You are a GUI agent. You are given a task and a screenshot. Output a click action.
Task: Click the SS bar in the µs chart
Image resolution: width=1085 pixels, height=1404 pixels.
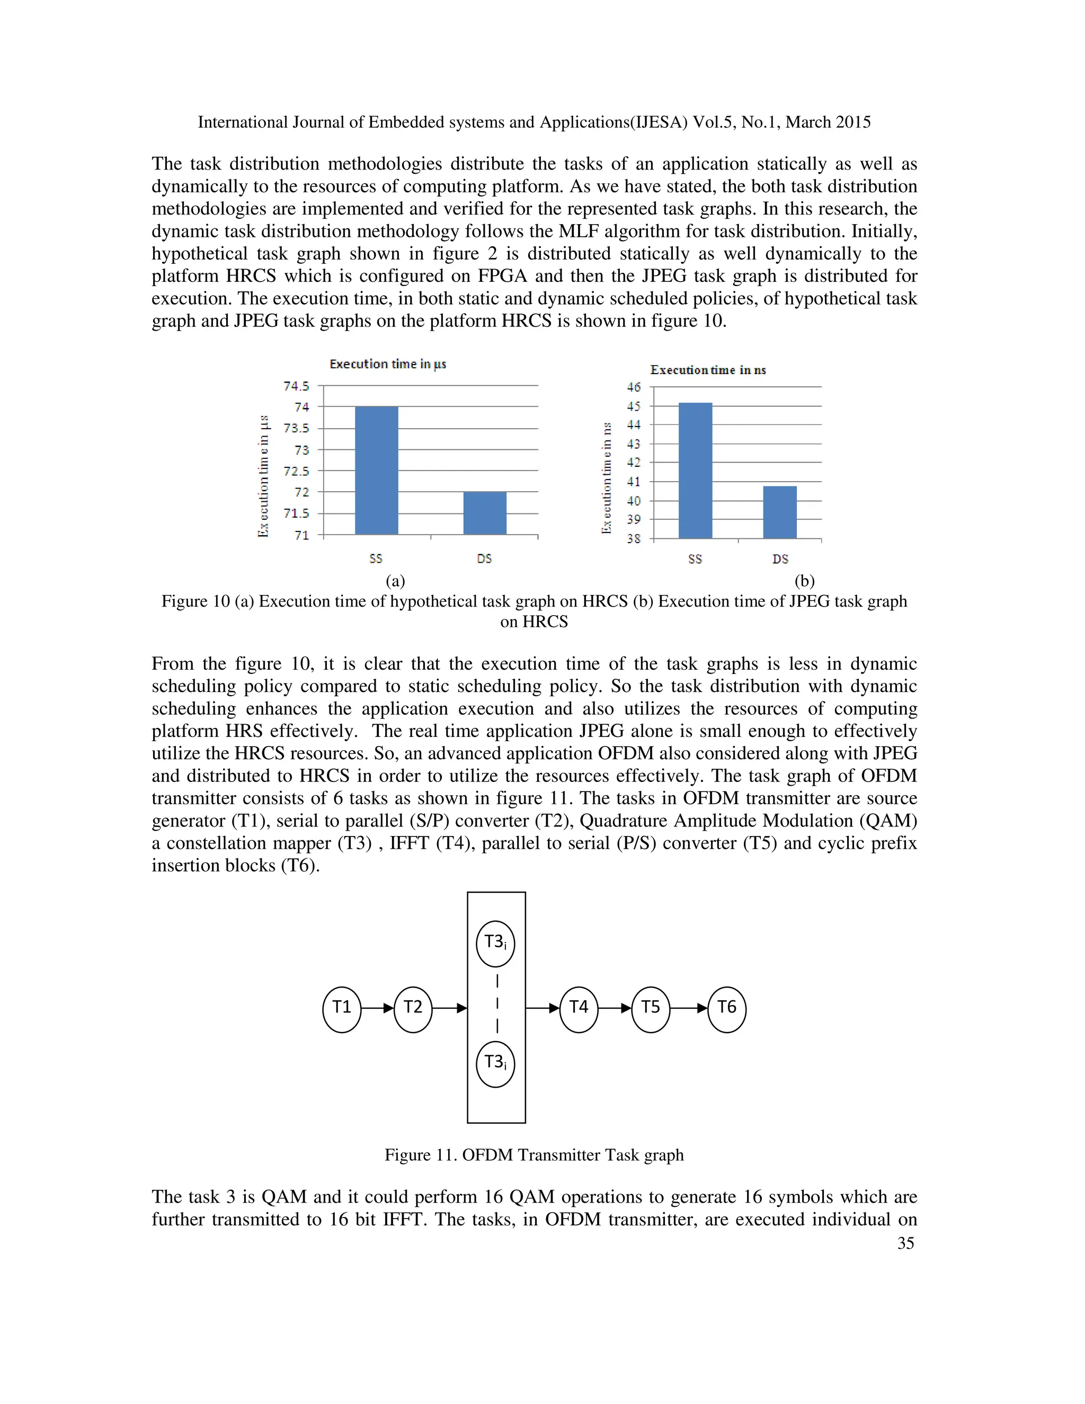376,470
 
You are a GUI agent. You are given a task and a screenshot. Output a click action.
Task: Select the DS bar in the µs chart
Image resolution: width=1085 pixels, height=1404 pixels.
485,513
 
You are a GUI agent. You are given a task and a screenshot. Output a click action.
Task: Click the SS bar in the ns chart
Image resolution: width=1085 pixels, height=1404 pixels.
695,470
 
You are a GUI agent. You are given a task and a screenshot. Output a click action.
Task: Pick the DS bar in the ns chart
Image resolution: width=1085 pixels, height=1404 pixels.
780,512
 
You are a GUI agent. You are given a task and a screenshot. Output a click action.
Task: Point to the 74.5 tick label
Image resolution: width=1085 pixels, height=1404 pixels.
296,386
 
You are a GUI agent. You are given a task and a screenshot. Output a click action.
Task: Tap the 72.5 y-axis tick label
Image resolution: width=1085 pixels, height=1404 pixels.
296,471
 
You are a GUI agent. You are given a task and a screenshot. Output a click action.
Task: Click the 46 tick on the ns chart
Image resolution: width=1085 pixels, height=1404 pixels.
634,387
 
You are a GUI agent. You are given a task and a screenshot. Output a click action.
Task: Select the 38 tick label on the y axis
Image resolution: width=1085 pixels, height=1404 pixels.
634,539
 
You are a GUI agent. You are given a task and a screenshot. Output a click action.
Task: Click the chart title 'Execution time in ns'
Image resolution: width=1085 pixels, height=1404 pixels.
708,370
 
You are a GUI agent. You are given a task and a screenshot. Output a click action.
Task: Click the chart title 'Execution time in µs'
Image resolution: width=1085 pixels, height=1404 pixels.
388,364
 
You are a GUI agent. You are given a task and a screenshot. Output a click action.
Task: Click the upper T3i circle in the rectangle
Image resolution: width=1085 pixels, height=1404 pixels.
495,944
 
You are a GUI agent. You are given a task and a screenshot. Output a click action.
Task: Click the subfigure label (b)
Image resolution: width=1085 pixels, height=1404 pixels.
804,581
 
